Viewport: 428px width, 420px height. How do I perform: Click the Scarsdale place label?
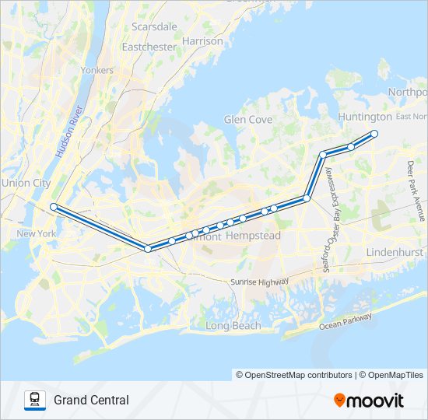(x=154, y=26)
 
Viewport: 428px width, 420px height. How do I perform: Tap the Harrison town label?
(x=202, y=40)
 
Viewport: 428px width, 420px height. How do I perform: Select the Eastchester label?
(x=149, y=47)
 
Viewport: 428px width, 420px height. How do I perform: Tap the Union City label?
(x=26, y=183)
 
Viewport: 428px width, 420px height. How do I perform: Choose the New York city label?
(x=36, y=233)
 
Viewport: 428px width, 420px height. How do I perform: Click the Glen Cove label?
(x=247, y=120)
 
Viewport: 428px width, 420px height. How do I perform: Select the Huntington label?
(x=365, y=117)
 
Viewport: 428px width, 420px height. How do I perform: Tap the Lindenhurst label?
(x=394, y=253)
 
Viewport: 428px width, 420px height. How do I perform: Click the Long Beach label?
(x=233, y=326)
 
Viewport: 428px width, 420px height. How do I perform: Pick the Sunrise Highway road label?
(x=260, y=282)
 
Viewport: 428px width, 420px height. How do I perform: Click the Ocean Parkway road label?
(x=345, y=321)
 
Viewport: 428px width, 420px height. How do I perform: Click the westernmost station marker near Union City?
(x=54, y=207)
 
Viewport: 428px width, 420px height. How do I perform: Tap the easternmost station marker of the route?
(x=374, y=134)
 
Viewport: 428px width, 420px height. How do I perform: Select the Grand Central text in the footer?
(x=91, y=401)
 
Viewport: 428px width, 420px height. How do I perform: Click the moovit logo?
(x=369, y=401)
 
